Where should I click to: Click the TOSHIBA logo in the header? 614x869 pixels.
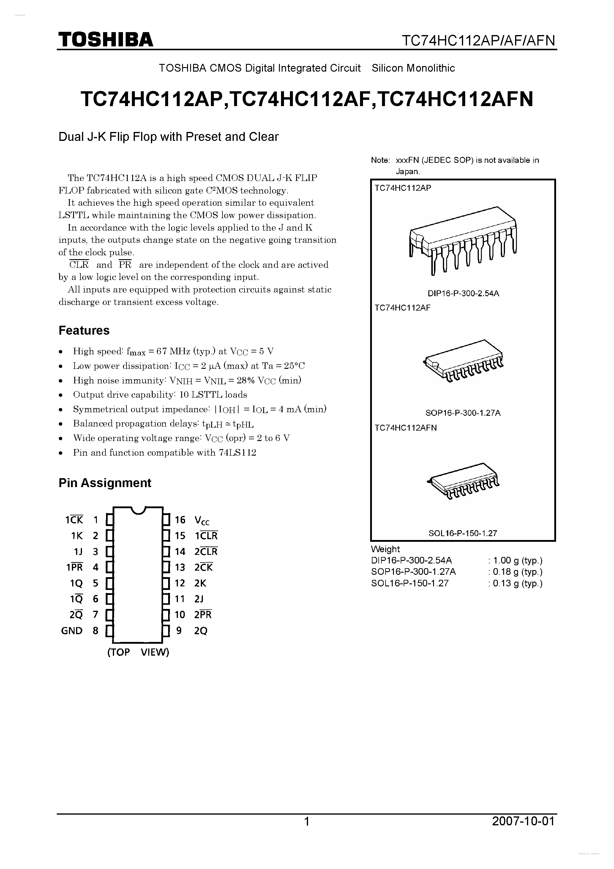point(105,39)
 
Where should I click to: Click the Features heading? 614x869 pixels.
point(84,330)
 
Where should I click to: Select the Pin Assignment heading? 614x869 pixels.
point(105,483)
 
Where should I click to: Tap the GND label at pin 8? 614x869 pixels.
point(72,631)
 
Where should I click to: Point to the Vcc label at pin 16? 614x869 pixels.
point(202,520)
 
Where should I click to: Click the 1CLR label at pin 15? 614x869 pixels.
point(206,536)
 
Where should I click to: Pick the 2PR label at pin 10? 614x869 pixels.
point(203,615)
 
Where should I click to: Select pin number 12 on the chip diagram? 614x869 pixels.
point(180,583)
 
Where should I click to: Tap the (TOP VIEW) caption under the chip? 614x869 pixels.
point(138,652)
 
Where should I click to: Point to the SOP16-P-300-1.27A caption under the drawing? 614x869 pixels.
point(463,413)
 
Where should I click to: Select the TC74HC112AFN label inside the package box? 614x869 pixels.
point(405,428)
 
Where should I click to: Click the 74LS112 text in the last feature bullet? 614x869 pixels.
point(237,453)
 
